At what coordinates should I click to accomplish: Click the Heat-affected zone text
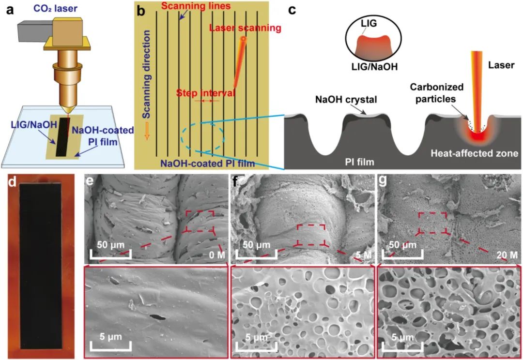click(x=473, y=153)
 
